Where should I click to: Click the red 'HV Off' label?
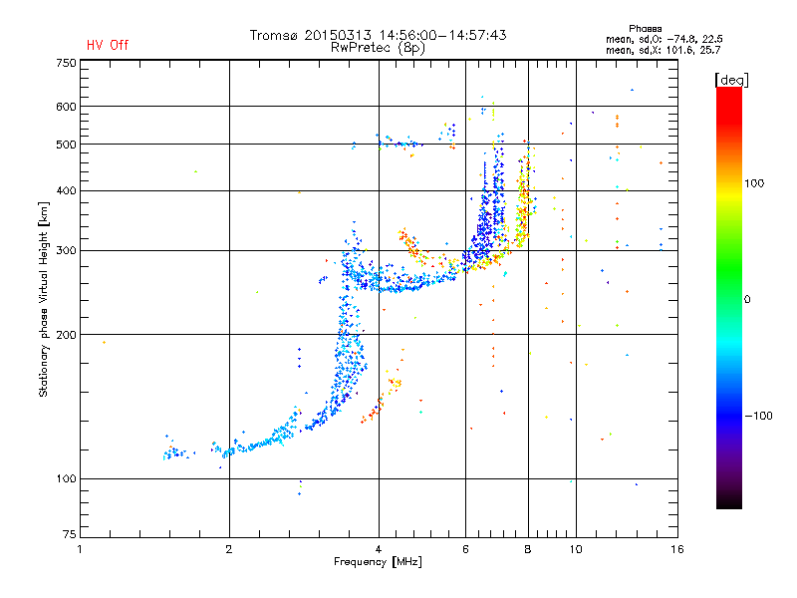coord(108,45)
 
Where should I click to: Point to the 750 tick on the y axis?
coord(67,62)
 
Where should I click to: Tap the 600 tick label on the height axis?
coord(67,107)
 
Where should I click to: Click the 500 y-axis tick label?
coord(67,145)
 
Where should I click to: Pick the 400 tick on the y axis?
coord(67,190)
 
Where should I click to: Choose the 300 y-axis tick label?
coord(67,250)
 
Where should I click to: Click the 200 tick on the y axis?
coord(67,335)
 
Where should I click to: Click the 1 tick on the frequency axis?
coord(81,549)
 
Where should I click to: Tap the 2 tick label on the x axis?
coord(229,549)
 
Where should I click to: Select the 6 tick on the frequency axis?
coord(465,549)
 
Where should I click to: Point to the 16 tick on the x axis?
coord(676,549)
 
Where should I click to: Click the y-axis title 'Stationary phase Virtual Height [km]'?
coord(44,299)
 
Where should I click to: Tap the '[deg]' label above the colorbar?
coord(732,79)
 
